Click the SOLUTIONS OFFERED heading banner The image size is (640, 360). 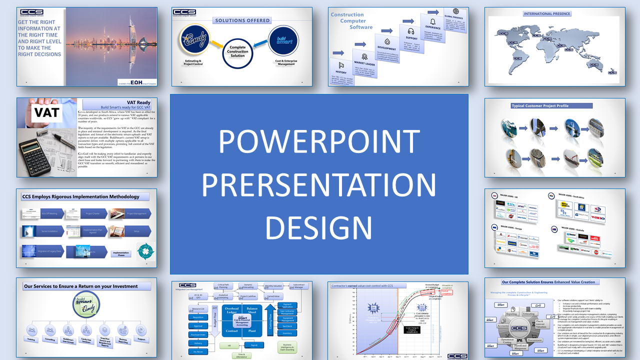(x=242, y=20)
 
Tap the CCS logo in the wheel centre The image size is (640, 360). (x=519, y=328)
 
